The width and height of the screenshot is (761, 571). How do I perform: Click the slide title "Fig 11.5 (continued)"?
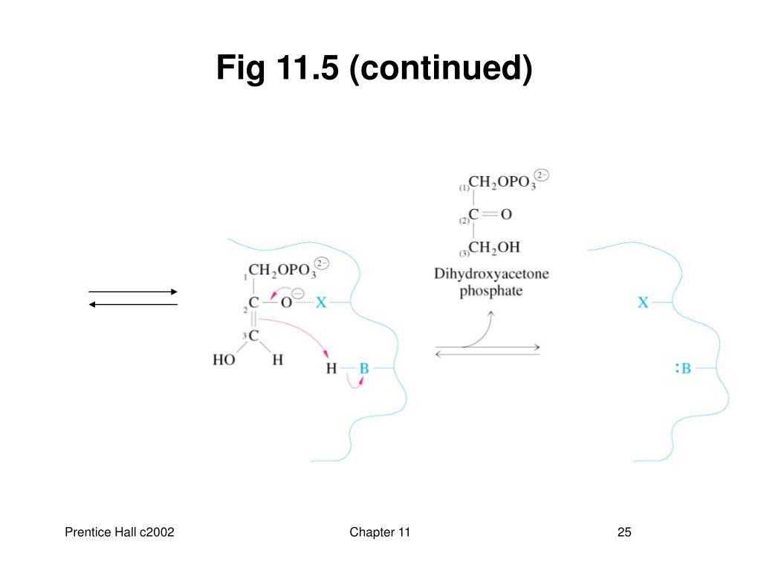point(375,69)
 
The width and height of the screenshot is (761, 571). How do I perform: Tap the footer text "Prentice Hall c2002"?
point(119,532)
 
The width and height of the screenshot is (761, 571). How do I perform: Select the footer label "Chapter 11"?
point(380,532)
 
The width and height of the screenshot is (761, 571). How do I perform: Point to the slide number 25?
point(624,532)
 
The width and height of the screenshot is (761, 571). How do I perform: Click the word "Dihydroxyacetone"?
point(491,274)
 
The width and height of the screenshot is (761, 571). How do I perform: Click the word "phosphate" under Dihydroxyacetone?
point(490,291)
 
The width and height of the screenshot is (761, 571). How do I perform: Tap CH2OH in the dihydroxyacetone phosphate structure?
point(493,247)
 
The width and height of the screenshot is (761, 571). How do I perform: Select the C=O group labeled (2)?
point(490,215)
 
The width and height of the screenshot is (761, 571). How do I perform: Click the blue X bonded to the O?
point(321,303)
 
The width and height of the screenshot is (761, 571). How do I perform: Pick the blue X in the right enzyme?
point(644,303)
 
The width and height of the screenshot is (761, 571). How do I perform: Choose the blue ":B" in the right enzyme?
point(683,368)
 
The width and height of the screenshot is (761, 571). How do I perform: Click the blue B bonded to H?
point(364,368)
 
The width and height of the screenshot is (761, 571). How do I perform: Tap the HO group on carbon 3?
point(224,361)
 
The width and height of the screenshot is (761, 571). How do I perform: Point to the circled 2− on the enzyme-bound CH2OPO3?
point(322,263)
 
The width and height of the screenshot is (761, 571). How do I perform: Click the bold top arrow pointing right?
point(133,292)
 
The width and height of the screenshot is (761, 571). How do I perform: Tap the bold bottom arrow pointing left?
point(133,304)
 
